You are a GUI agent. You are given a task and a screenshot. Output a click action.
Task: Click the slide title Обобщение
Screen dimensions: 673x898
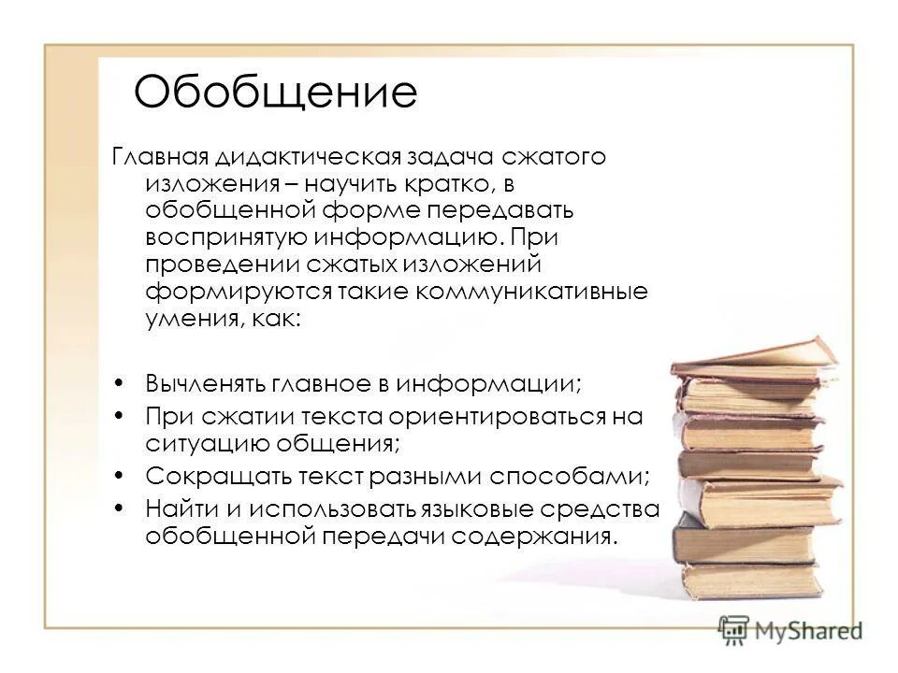(275, 93)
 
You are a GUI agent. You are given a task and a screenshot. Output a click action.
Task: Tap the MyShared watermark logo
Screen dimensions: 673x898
(790, 630)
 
